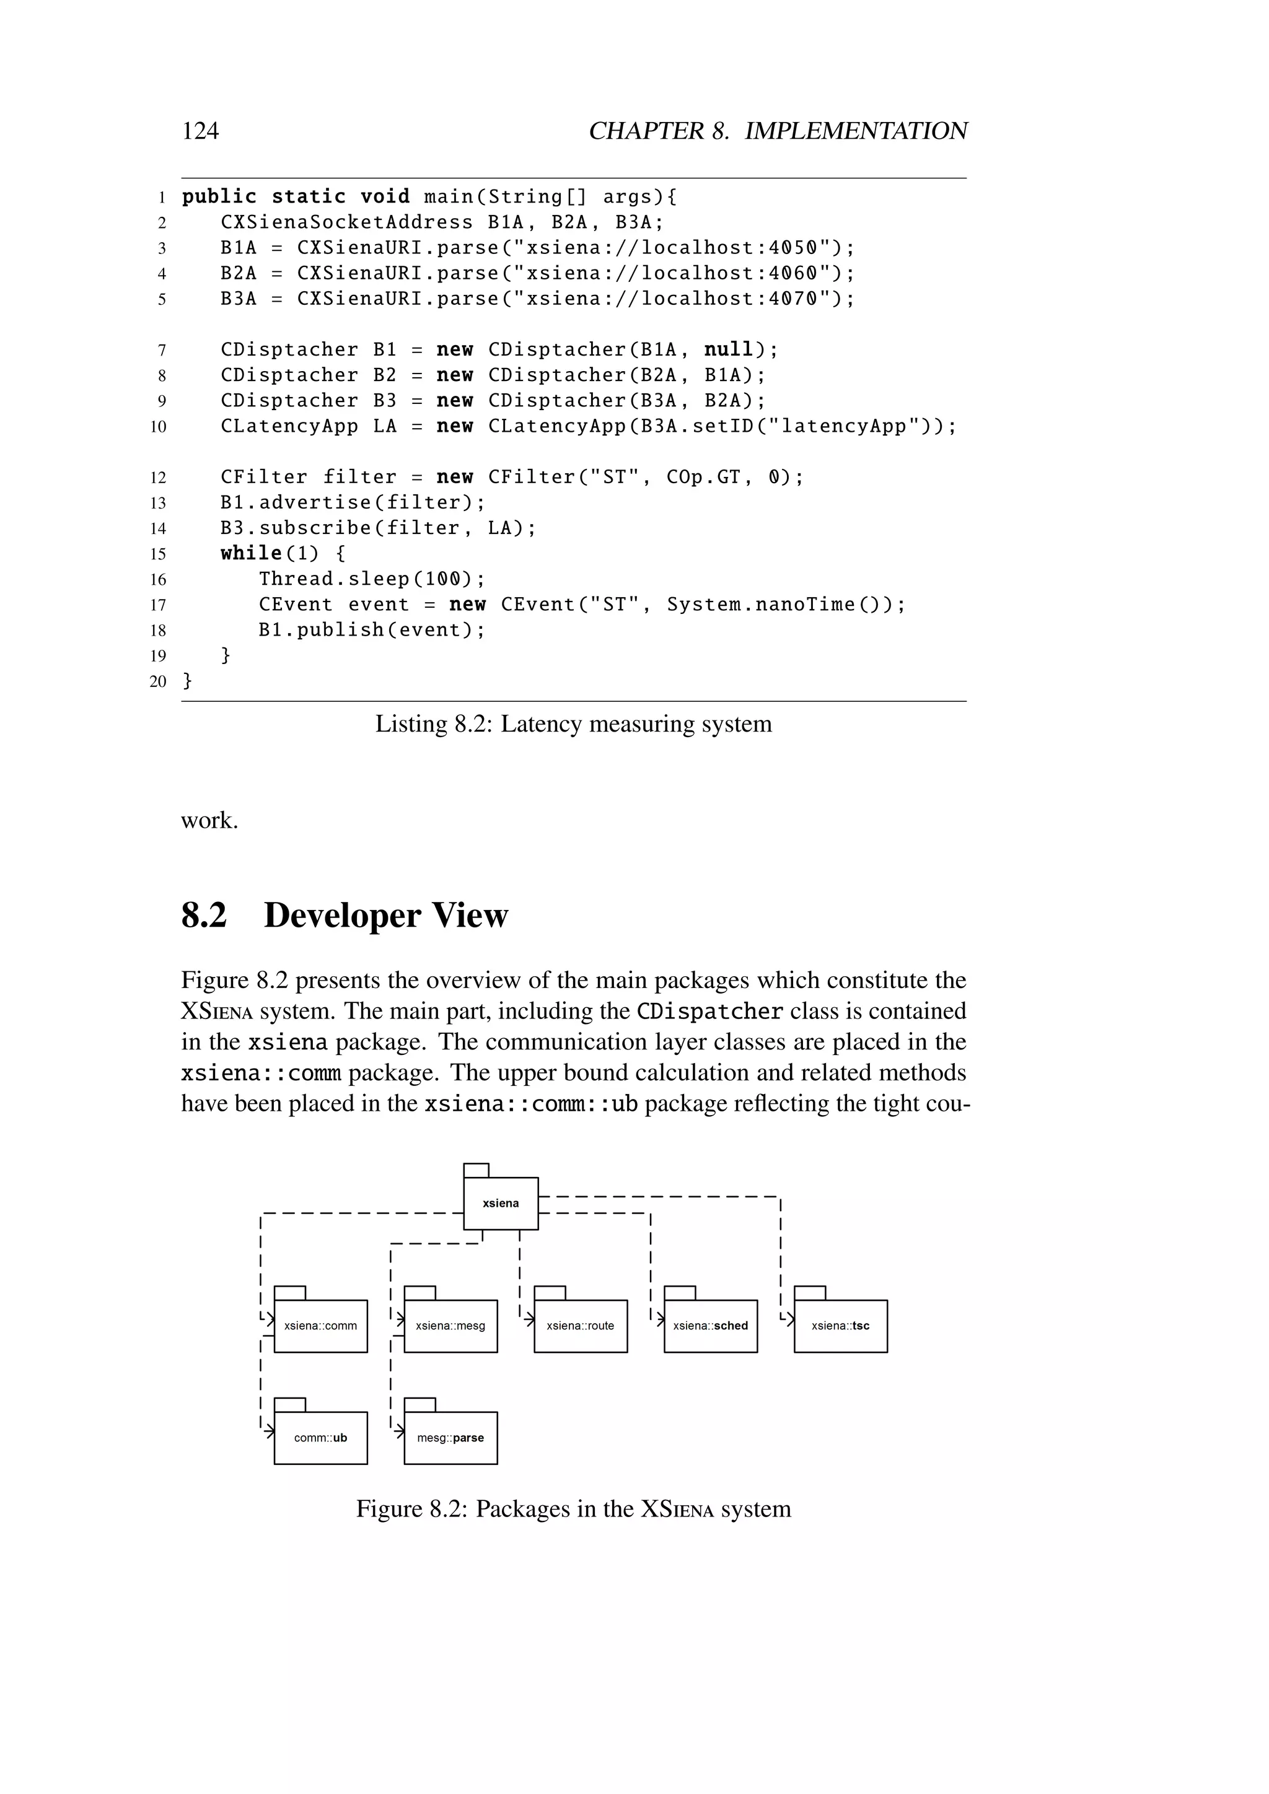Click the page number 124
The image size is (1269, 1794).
point(200,131)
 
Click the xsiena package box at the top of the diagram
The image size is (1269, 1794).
point(501,1202)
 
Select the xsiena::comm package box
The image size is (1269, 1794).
point(320,1326)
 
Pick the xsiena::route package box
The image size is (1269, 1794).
point(581,1326)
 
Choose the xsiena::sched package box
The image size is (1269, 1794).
point(710,1326)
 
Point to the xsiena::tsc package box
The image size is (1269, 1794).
point(840,1326)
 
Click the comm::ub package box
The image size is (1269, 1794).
point(320,1438)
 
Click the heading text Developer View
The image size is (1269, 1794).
point(386,915)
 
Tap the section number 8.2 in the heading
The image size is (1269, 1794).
point(204,915)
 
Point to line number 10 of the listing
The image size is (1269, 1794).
point(158,427)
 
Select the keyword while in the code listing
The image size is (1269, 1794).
point(251,553)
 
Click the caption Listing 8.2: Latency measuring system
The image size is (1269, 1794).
point(574,724)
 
